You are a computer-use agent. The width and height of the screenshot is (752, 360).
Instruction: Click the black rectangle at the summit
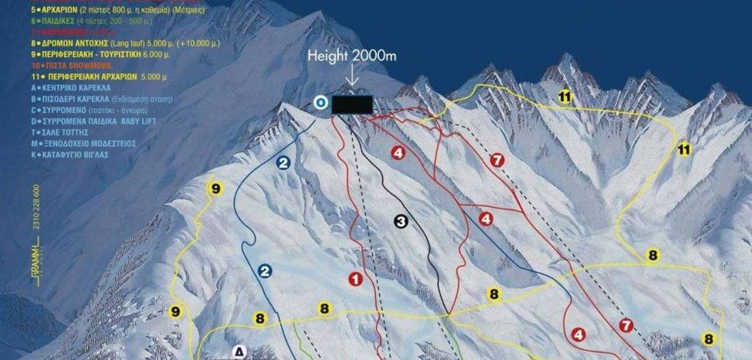click(x=352, y=105)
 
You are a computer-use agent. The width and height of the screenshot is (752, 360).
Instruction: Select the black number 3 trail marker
click(x=401, y=222)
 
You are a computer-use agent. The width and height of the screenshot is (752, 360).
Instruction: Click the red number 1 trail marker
click(x=355, y=279)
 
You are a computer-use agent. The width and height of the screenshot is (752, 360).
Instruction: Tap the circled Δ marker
click(x=239, y=352)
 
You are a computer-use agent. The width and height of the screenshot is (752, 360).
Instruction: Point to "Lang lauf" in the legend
click(x=136, y=44)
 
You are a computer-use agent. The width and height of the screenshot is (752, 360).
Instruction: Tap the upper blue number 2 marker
click(x=283, y=163)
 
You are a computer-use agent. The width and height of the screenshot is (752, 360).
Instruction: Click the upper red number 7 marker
click(x=497, y=160)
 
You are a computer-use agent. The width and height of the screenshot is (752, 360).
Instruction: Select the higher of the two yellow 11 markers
click(x=564, y=96)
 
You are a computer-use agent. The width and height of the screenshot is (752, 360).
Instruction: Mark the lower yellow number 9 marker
click(x=176, y=311)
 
